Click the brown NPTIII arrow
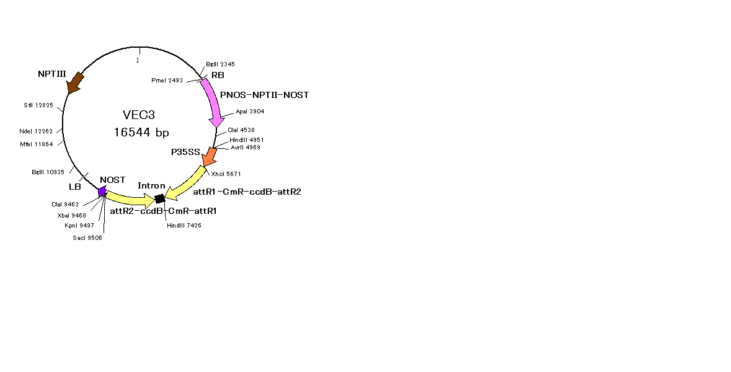pyautogui.click(x=75, y=82)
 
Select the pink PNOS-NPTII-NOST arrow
pyautogui.click(x=213, y=102)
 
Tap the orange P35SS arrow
pyautogui.click(x=210, y=157)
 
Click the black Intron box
pyautogui.click(x=160, y=198)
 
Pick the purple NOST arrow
pyautogui.click(x=102, y=191)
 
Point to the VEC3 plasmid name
pyautogui.click(x=139, y=115)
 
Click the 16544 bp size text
pyautogui.click(x=141, y=133)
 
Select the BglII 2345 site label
pyautogui.click(x=220, y=64)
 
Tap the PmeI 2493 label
pyautogui.click(x=167, y=81)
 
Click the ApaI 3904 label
pyautogui.click(x=250, y=112)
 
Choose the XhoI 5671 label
pyautogui.click(x=226, y=174)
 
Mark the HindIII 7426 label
pyautogui.click(x=184, y=226)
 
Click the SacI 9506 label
pyautogui.click(x=87, y=237)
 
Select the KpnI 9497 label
pyautogui.click(x=79, y=226)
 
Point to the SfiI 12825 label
pyautogui.click(x=38, y=105)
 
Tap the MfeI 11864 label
pyautogui.click(x=37, y=144)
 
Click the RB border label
pyautogui.click(x=218, y=76)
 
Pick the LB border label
pyautogui.click(x=75, y=187)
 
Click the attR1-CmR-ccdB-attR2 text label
pyautogui.click(x=247, y=192)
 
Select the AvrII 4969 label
pyautogui.click(x=246, y=148)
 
